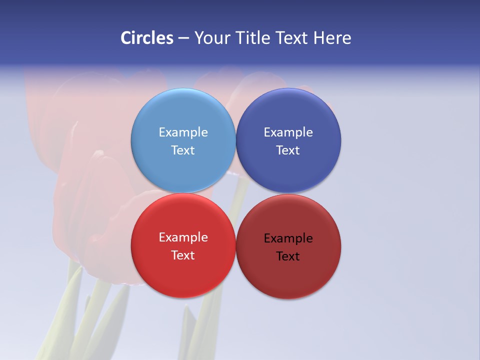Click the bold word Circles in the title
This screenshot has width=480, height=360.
click(x=147, y=38)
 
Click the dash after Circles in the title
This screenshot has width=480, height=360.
click(x=183, y=38)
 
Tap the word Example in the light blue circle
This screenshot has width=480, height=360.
click(x=183, y=132)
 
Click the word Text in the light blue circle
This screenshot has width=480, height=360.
click(x=183, y=150)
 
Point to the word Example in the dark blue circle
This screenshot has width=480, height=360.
click(x=288, y=132)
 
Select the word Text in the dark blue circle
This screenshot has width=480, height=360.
click(x=288, y=150)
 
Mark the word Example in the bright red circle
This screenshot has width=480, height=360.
click(x=183, y=237)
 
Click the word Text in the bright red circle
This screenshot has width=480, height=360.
click(x=183, y=255)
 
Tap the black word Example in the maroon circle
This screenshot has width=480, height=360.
click(x=288, y=238)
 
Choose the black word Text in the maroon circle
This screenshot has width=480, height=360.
click(x=288, y=256)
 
